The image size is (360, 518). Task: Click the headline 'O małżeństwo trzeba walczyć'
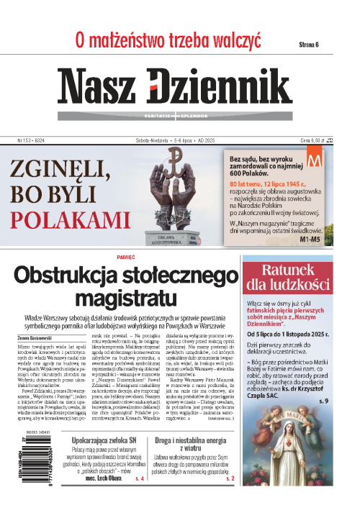(x=167, y=41)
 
